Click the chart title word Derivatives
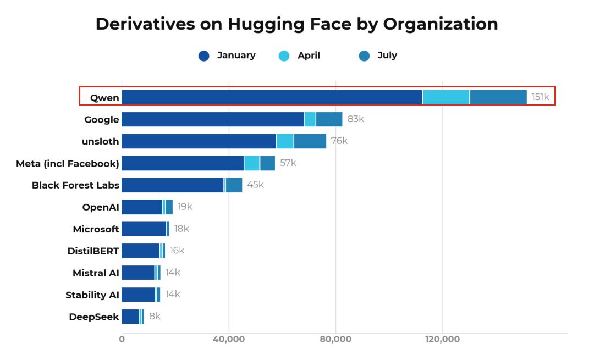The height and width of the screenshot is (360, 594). click(145, 24)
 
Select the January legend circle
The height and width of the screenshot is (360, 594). click(204, 56)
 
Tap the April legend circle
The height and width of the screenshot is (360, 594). click(284, 56)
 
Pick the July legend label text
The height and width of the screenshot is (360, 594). click(387, 56)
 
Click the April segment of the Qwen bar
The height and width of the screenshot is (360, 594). click(446, 97)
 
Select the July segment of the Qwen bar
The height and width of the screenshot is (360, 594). click(498, 97)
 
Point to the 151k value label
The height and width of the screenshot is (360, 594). click(540, 97)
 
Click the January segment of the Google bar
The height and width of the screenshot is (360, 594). click(213, 119)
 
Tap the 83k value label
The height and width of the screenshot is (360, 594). click(356, 119)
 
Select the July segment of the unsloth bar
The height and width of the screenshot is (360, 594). click(310, 141)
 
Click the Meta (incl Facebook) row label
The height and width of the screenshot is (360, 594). click(68, 164)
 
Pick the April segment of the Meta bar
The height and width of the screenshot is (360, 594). click(252, 163)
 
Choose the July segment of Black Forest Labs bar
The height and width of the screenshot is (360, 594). click(234, 185)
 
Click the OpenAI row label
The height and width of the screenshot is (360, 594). click(101, 207)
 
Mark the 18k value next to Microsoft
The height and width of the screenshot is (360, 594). click(182, 229)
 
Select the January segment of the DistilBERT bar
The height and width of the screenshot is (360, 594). click(141, 251)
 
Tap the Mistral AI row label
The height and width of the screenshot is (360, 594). click(96, 273)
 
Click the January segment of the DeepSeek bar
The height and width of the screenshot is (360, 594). click(130, 317)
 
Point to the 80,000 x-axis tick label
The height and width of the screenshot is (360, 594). click(335, 339)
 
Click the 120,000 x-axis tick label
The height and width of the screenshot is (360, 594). click(442, 339)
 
